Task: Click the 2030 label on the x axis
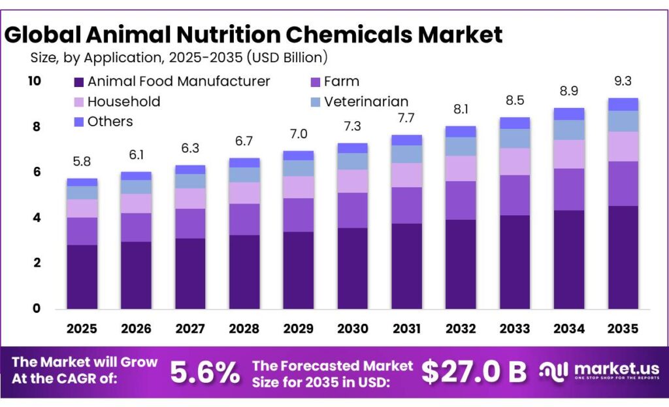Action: pos(352,328)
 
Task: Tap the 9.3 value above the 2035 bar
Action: pos(623,82)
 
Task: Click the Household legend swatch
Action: pos(78,102)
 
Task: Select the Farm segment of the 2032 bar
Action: pos(461,200)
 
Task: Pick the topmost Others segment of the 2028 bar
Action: pos(244,162)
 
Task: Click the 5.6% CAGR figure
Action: pos(204,372)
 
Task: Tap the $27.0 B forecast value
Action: pos(474,372)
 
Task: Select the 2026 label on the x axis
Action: pos(136,328)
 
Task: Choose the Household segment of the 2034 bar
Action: pos(568,154)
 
